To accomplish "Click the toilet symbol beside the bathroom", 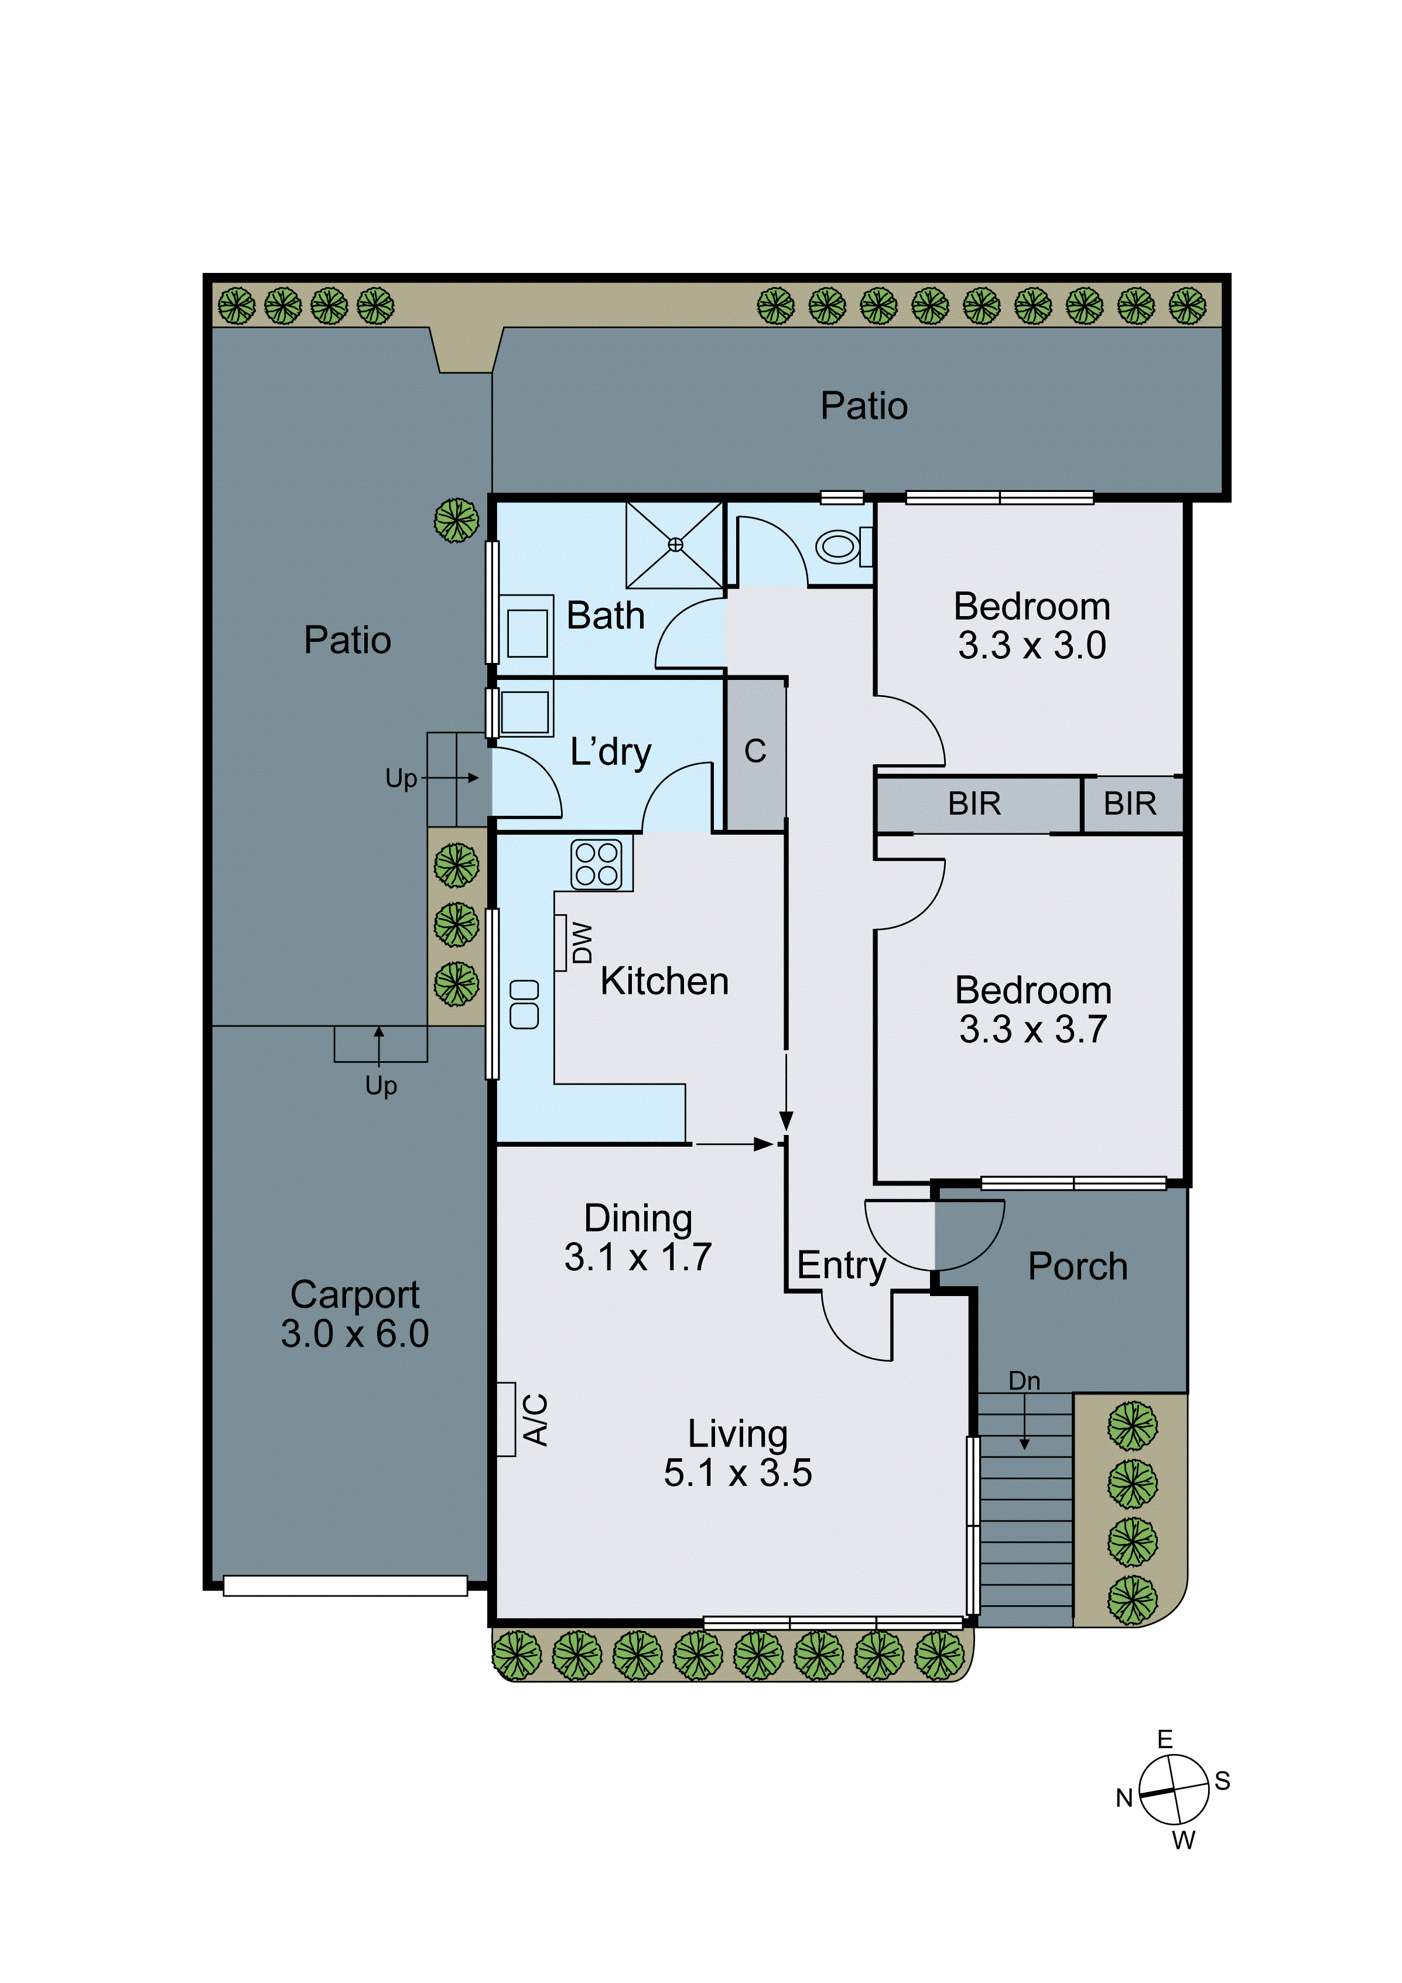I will click(840, 546).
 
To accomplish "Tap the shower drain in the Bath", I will click(675, 544).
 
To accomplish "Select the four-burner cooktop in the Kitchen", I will click(596, 864).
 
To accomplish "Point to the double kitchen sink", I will click(524, 1004).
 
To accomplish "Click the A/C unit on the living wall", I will click(506, 1419).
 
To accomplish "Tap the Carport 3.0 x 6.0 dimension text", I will click(355, 1334).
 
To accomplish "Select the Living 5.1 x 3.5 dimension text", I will click(738, 1472).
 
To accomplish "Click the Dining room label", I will click(638, 1218).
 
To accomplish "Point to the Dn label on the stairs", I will click(1024, 1380).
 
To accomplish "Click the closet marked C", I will click(755, 751).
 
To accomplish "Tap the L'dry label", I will click(610, 752).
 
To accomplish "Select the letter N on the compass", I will click(1123, 1798).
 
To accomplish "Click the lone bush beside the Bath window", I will click(456, 520).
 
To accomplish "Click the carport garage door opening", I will click(346, 1586).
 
